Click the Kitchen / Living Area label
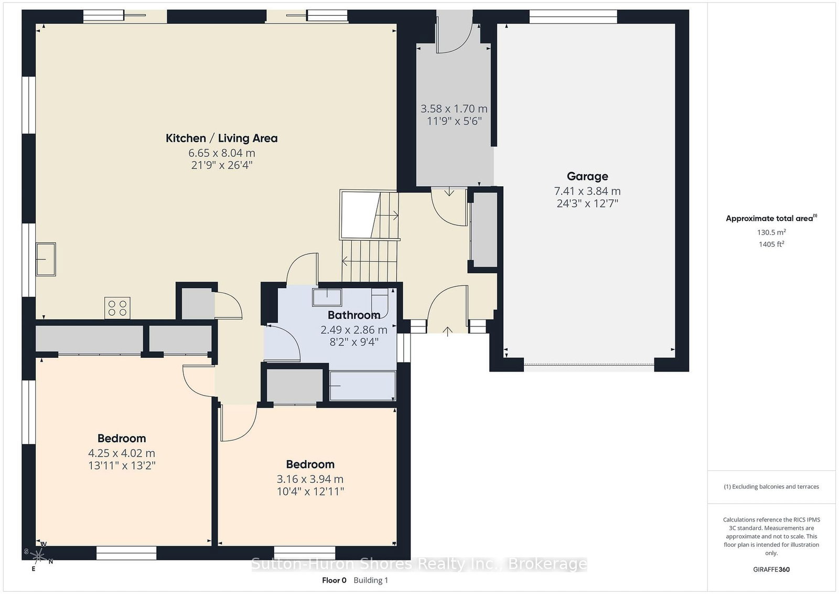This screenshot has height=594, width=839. (222, 139)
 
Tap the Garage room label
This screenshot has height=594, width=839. (587, 176)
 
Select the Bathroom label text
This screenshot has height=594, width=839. (354, 315)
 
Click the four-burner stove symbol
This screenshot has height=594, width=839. (117, 307)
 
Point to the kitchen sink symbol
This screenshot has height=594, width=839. (46, 259)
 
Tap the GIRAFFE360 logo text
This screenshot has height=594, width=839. (771, 569)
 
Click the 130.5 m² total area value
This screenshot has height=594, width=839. (771, 232)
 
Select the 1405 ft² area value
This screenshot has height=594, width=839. (771, 244)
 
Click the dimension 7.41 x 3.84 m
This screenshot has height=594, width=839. (587, 191)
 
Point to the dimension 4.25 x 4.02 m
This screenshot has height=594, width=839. (122, 453)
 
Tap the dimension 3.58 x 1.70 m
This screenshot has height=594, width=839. (454, 109)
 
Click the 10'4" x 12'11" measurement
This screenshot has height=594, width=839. (310, 491)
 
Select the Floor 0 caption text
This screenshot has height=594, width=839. (334, 580)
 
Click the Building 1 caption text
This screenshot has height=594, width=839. (371, 580)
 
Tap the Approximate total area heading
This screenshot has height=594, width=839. (771, 218)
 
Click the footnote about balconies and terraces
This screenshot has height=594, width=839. (771, 486)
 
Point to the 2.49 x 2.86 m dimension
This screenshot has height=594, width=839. (354, 330)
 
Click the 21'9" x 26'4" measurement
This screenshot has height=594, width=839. (222, 165)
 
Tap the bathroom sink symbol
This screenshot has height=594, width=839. (327, 298)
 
